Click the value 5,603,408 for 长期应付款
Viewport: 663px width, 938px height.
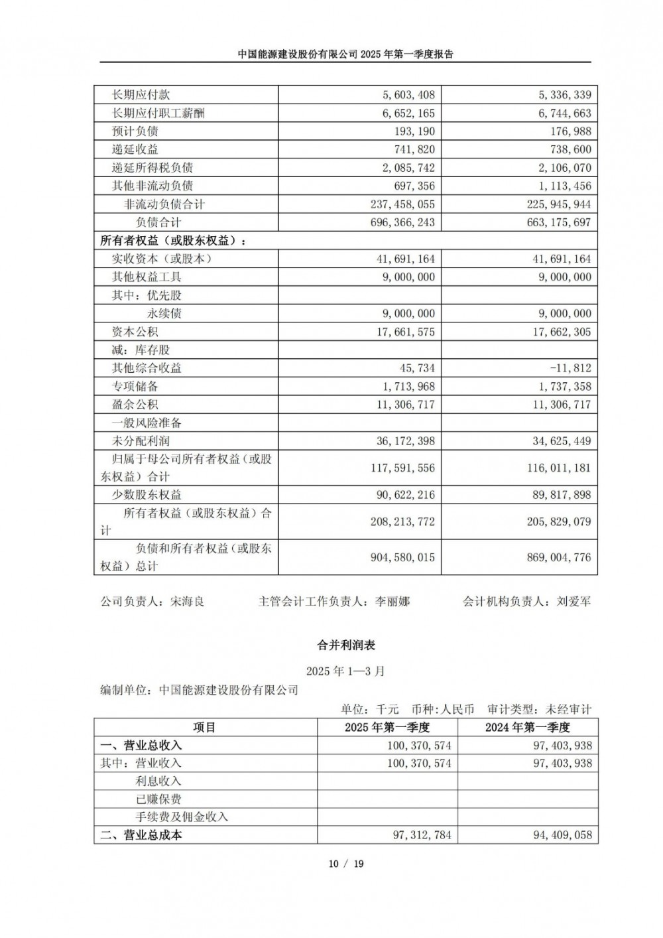pyautogui.click(x=406, y=95)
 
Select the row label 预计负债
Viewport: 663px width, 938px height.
pyautogui.click(x=135, y=131)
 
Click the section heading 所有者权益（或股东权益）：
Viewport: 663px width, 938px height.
pyautogui.click(x=173, y=241)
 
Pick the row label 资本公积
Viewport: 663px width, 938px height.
pyautogui.click(x=135, y=332)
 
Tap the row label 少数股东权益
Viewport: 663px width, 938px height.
pyautogui.click(x=147, y=495)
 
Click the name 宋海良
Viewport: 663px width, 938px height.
pyautogui.click(x=188, y=602)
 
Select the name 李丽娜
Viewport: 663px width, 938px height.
pyautogui.click(x=392, y=602)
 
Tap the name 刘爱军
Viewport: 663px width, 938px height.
pyautogui.click(x=573, y=602)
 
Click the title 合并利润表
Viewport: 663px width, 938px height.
pyautogui.click(x=346, y=644)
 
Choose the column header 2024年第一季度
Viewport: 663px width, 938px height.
pyautogui.click(x=528, y=728)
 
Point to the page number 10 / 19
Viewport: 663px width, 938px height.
pyautogui.click(x=346, y=864)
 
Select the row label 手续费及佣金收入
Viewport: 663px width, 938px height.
pyautogui.click(x=182, y=817)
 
